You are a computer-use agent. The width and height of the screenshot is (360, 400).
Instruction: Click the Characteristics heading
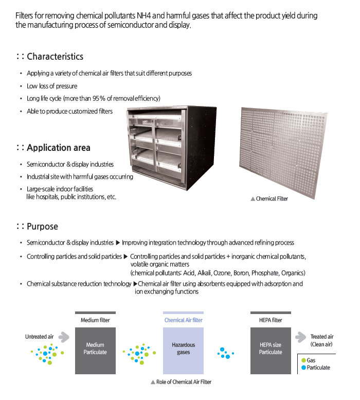pos(55,57)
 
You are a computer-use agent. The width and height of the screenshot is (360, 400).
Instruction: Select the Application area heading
pos(58,148)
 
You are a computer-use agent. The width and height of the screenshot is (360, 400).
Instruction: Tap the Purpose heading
pos(42,227)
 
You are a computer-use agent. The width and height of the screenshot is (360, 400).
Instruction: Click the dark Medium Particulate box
pos(95,349)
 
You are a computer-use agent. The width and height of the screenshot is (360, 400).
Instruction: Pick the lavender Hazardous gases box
pos(183,349)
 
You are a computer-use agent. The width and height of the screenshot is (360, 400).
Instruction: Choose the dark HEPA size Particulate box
pos(271,349)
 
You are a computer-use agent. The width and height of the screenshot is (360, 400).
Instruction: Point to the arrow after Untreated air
pos(64,337)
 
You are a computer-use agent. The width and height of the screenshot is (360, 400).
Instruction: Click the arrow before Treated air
pos(301,337)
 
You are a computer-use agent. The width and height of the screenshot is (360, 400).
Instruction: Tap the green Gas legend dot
pos(303,360)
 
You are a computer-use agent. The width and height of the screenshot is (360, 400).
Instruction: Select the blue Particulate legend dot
pos(303,368)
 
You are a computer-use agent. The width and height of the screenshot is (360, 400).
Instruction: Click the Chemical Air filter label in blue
pos(183,320)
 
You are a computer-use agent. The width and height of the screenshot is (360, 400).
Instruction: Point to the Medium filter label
pos(95,320)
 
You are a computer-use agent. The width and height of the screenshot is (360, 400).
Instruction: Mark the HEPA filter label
pos(271,320)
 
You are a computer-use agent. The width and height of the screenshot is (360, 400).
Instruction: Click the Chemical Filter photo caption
pos(272,199)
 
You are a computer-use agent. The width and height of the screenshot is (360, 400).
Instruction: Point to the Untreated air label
pos(39,337)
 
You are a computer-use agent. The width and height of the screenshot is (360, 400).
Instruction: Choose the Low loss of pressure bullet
pos(52,86)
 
